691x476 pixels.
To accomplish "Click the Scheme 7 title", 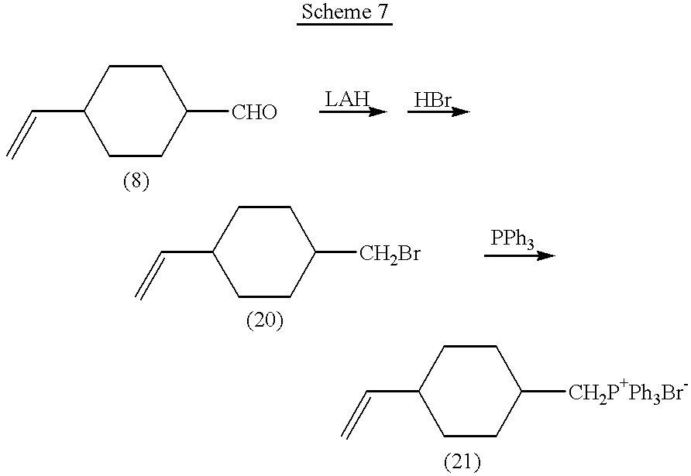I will [345, 13].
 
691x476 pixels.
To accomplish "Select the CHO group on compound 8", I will [254, 114].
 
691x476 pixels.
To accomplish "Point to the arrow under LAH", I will [352, 112].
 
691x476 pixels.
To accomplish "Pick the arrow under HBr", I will [438, 112].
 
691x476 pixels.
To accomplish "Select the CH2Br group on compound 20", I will [390, 254].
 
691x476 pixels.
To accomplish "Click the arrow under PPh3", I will [519, 255].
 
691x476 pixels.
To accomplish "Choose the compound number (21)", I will [462, 463].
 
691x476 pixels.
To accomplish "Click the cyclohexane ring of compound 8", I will [136, 111].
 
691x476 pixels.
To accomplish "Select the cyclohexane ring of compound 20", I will [264, 252].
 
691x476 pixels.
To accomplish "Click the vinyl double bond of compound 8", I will [22, 135].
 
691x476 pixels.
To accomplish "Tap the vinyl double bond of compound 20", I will [150, 275].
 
